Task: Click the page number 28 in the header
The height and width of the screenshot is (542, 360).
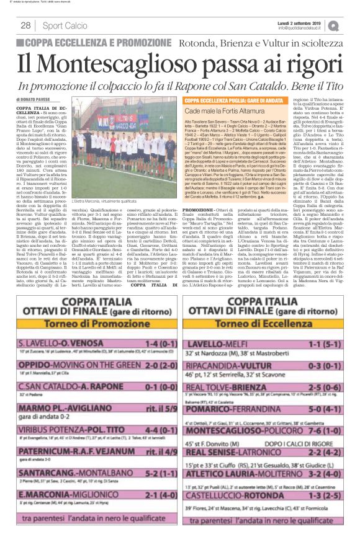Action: [26, 25]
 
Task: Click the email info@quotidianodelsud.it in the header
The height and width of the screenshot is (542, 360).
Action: [304, 28]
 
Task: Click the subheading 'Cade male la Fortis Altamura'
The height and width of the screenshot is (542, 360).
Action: [221, 109]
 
